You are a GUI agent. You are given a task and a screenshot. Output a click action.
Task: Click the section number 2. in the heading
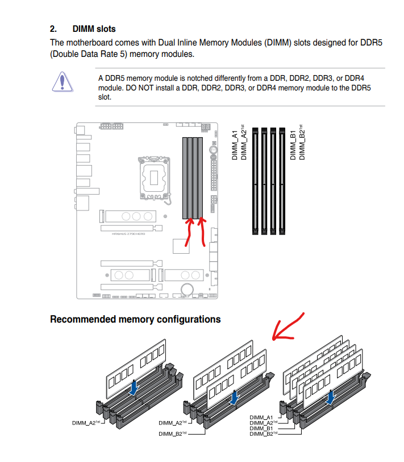pyautogui.click(x=54, y=28)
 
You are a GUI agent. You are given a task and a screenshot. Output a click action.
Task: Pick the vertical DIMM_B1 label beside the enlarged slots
pyautogui.click(x=293, y=146)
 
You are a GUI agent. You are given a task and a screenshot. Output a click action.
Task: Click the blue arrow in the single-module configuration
pyautogui.click(x=134, y=387)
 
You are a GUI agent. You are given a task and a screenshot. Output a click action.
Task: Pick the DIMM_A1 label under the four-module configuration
pyautogui.click(x=262, y=418)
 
